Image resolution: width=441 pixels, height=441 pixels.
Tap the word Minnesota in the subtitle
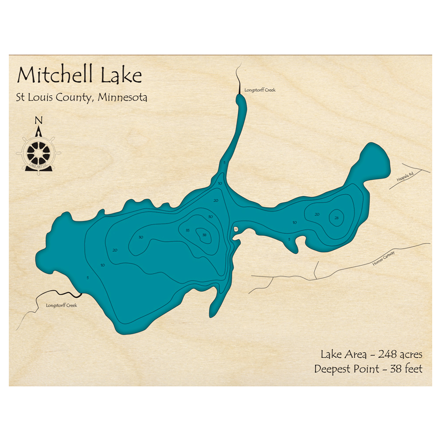click(123, 97)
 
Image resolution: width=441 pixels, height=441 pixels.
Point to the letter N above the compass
click(39, 120)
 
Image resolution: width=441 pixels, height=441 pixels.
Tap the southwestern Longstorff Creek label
click(61, 305)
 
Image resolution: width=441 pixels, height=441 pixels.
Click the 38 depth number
click(204, 235)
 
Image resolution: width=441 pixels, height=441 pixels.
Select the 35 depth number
click(187, 230)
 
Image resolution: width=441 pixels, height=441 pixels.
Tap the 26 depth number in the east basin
click(336, 217)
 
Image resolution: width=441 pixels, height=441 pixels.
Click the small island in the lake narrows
click(236, 229)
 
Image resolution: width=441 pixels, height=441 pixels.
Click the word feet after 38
click(413, 369)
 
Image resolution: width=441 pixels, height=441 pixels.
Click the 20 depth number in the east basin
click(317, 214)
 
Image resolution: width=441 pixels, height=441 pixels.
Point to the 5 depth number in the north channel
click(224, 163)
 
